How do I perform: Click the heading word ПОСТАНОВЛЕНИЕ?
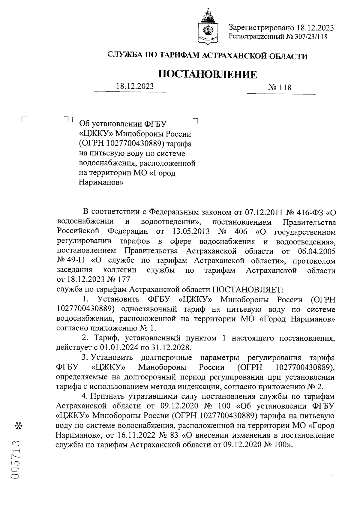click(208, 74)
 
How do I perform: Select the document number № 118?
click(280, 88)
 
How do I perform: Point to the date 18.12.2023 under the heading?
click(135, 86)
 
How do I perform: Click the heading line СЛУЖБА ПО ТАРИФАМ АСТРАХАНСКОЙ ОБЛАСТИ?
click(208, 56)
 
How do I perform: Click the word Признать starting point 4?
click(108, 397)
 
